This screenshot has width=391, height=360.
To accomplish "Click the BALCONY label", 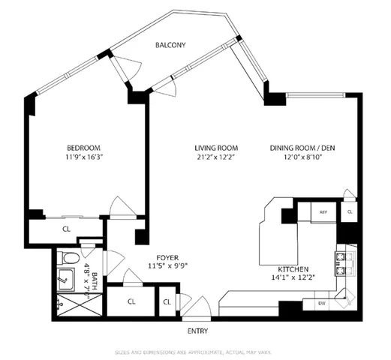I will click(170, 46).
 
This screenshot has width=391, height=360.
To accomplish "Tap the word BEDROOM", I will click(83, 148).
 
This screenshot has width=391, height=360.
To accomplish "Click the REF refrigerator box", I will click(323, 213).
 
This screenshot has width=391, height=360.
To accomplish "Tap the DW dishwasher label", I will click(320, 304).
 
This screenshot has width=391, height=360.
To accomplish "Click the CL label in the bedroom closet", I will click(66, 229).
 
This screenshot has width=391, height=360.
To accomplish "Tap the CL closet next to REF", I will click(350, 213).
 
